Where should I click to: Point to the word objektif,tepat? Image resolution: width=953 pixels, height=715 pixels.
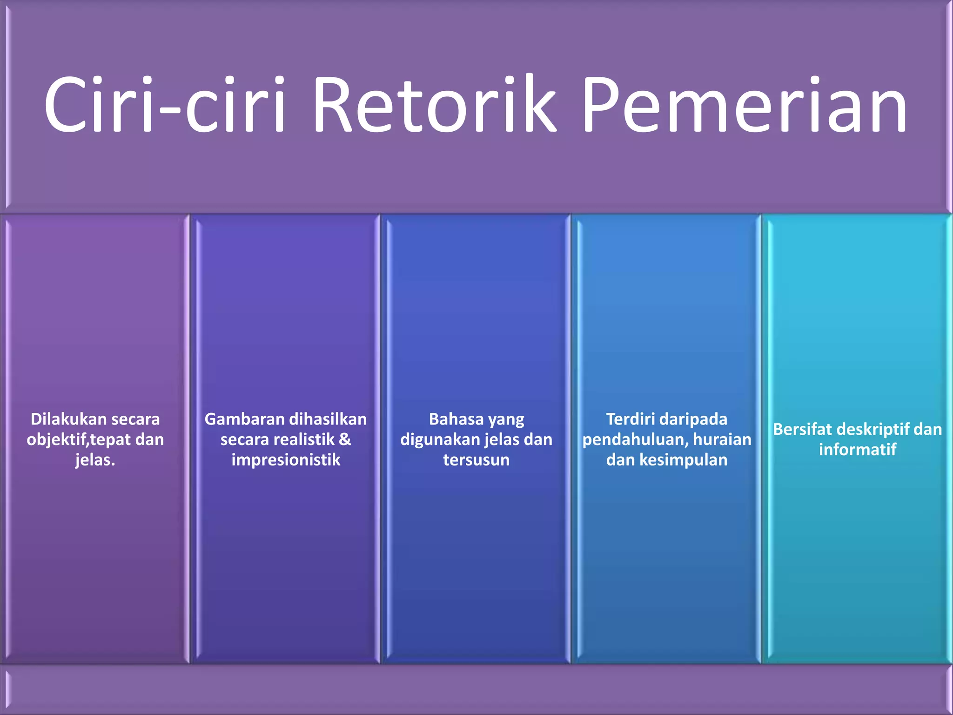[x=79, y=440]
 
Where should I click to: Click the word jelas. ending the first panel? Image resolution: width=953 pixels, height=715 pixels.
[x=95, y=460]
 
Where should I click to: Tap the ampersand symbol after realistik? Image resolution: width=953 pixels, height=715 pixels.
[x=345, y=439]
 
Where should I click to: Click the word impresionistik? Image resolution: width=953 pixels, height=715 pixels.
[x=286, y=460]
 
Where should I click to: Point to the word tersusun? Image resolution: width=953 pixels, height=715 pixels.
[x=476, y=460]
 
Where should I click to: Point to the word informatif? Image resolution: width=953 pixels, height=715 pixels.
[x=857, y=450]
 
